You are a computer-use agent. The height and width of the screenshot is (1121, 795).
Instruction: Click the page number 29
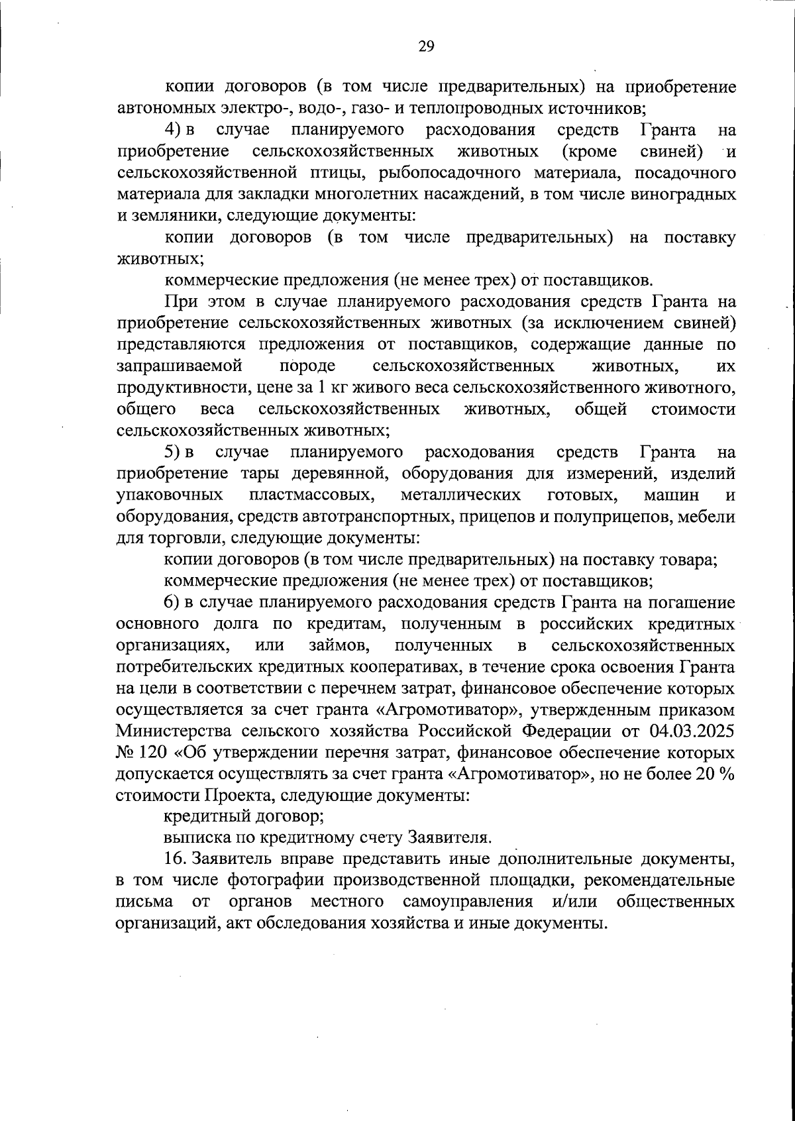click(x=426, y=46)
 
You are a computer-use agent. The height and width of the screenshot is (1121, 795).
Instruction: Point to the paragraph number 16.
click(x=175, y=860)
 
